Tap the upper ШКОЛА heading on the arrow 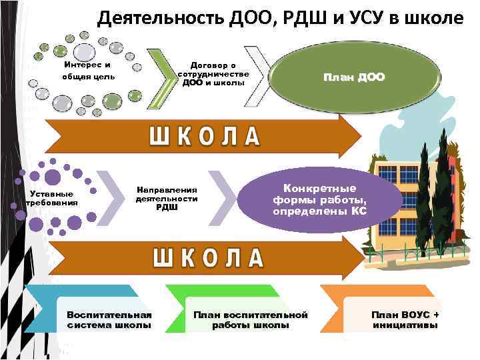point(204,136)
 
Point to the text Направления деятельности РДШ point(167,197)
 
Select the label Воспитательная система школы point(109,320)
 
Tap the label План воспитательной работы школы point(251,320)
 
